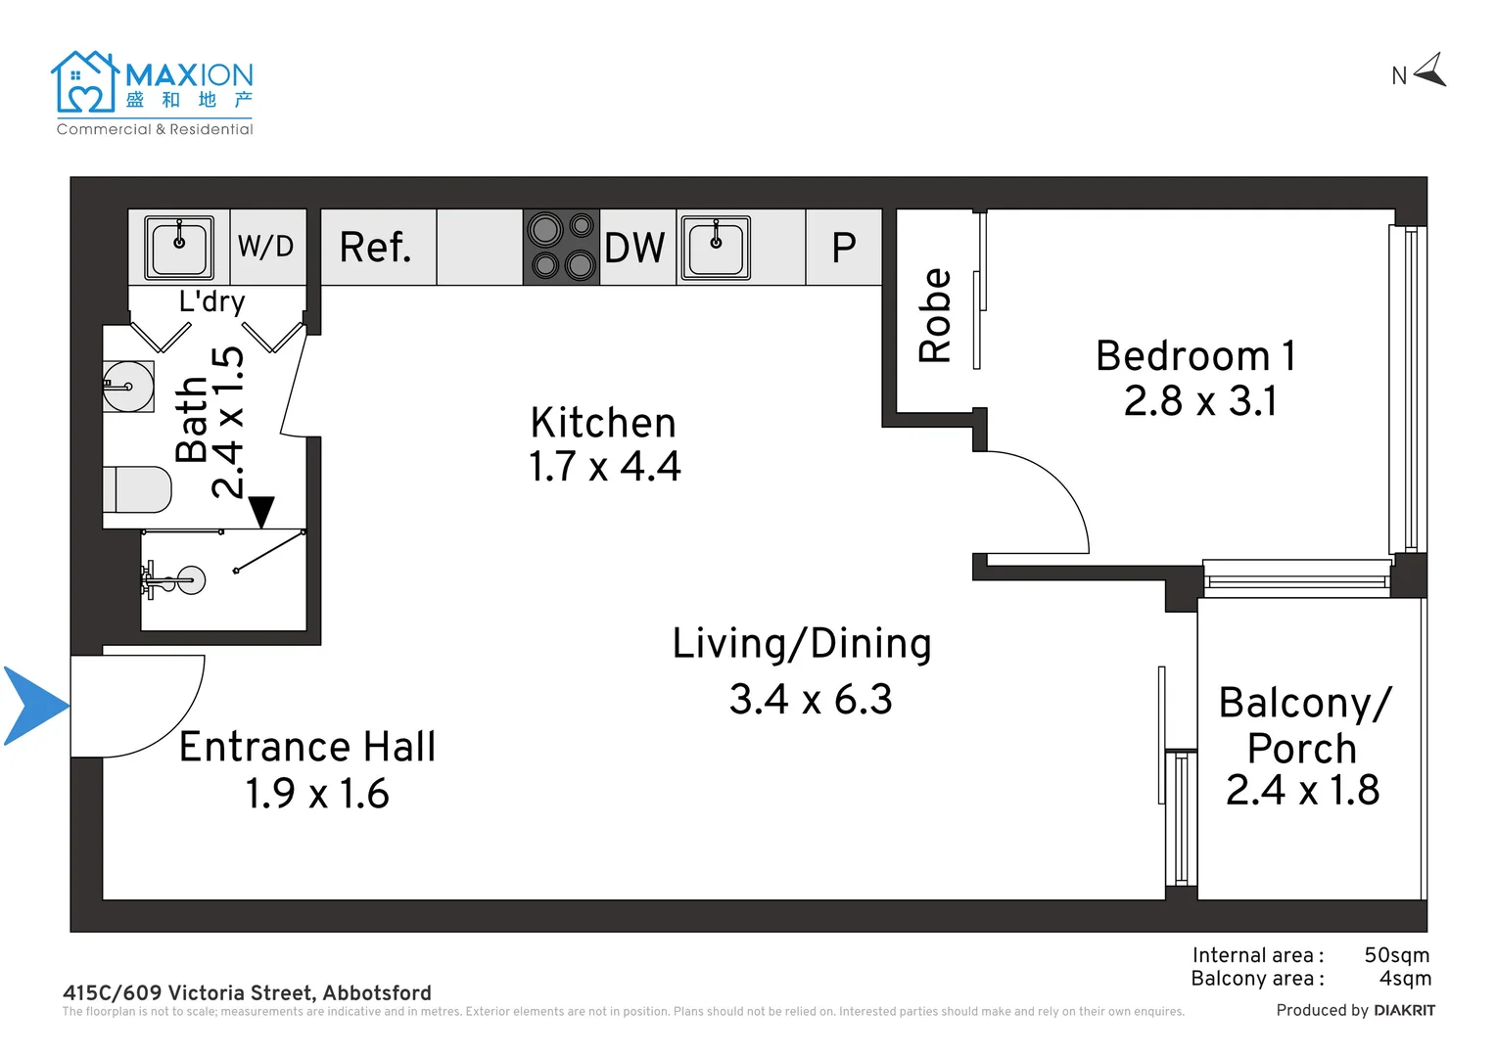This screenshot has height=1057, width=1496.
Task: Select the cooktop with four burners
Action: (x=561, y=247)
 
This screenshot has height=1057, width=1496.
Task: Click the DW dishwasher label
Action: (x=634, y=248)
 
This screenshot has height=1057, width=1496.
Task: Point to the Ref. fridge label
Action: (x=375, y=248)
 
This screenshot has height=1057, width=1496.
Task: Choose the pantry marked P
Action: (x=844, y=248)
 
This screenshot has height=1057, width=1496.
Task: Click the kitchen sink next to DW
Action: (x=716, y=248)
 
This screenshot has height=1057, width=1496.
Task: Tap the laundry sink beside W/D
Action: (x=179, y=248)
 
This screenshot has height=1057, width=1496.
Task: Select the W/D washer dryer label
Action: (x=265, y=247)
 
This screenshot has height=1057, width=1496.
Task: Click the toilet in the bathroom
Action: (x=137, y=489)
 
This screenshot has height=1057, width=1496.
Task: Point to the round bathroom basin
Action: (x=128, y=387)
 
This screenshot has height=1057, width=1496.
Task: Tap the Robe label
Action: (x=934, y=316)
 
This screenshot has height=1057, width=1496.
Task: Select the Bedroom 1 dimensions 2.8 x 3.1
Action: (x=1200, y=401)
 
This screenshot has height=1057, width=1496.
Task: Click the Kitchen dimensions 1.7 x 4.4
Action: (x=605, y=466)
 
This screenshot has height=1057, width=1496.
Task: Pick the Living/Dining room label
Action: (x=802, y=644)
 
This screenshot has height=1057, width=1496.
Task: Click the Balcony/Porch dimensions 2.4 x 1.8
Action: (x=1302, y=790)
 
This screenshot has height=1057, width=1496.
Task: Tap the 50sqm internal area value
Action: (x=1396, y=955)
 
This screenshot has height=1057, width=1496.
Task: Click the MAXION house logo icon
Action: (x=85, y=81)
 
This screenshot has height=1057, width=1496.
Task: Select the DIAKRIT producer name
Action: (x=1405, y=1011)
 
